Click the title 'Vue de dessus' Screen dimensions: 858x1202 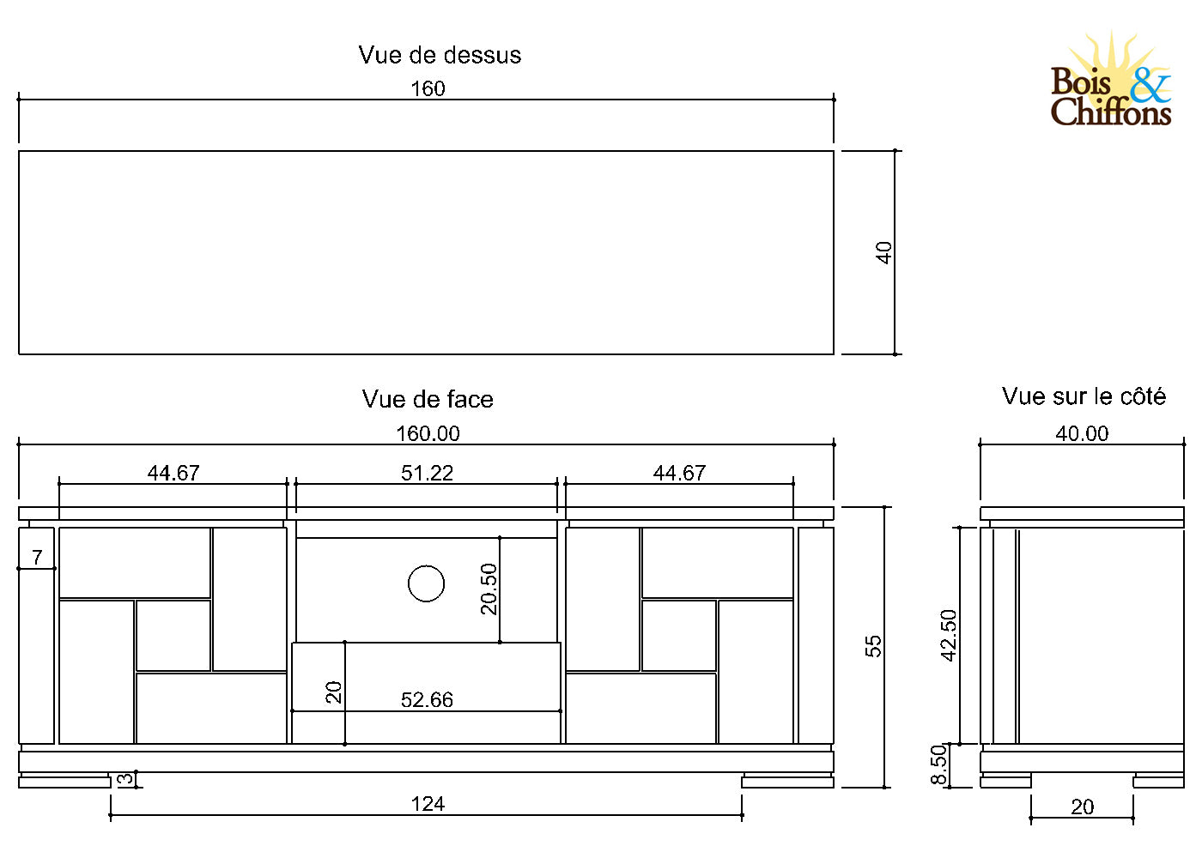point(440,55)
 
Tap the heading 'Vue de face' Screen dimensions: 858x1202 point(428,399)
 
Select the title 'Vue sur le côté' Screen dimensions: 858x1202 point(1084,396)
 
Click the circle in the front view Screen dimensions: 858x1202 point(426,584)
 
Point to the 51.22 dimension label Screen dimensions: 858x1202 point(427,473)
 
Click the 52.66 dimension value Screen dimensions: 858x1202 point(427,700)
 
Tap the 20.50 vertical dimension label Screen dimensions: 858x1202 point(489,589)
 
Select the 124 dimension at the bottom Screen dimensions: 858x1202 point(428,804)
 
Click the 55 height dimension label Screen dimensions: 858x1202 point(873,646)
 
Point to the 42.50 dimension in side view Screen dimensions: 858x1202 point(949,635)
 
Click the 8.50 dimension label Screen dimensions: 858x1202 point(939,764)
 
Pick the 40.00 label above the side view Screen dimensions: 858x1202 point(1082,433)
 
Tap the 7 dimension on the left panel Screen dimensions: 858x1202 point(37,557)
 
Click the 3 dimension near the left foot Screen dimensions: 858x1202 point(125,779)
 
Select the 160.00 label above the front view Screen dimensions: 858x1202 point(428,433)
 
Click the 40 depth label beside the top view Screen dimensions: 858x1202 point(884,252)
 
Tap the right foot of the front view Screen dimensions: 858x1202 point(787,781)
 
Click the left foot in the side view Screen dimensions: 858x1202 point(1005,781)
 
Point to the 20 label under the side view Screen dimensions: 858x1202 point(1082,807)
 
